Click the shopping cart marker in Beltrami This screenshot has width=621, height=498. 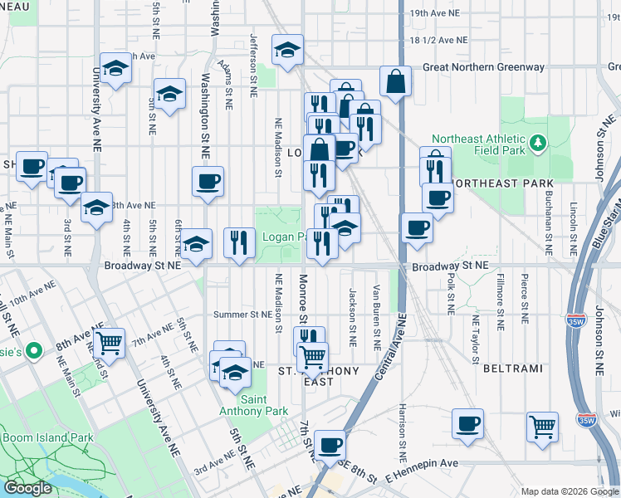[542, 426]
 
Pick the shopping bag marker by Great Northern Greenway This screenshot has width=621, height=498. [396, 81]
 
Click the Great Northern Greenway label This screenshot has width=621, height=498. [483, 67]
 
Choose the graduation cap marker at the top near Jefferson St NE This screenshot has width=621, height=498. [287, 51]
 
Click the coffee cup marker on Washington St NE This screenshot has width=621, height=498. [208, 181]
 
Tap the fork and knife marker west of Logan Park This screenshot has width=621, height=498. [239, 242]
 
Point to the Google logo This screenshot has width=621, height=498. [27, 488]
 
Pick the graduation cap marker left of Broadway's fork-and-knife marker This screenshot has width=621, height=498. [197, 244]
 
